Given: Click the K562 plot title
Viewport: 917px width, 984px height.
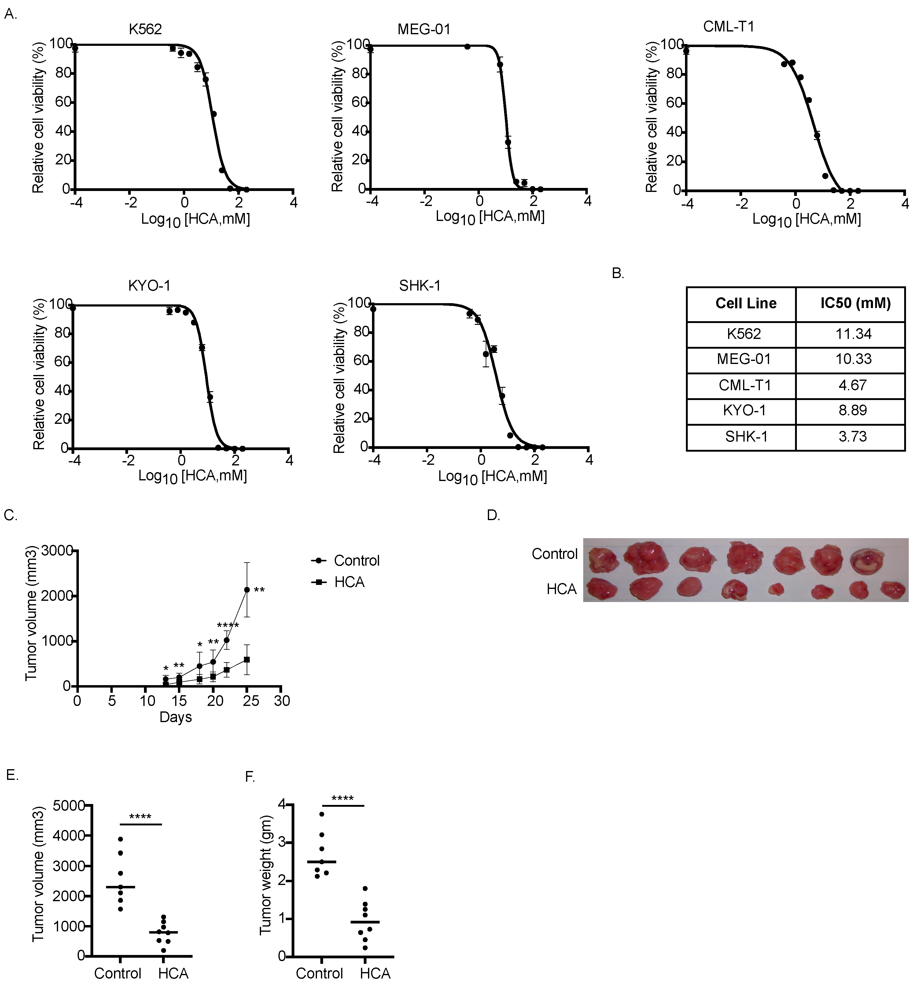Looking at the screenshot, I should [145, 30].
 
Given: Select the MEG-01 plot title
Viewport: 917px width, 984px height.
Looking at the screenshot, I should [424, 30].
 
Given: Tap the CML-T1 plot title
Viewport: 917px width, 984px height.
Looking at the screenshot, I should [728, 26].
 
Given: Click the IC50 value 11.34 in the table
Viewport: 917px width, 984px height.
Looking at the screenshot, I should [853, 334].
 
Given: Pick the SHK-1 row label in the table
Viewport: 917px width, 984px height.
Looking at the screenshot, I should [746, 437].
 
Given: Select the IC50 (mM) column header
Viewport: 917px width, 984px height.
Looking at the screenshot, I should [855, 303].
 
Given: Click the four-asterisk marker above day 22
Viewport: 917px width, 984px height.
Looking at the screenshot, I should [228, 626].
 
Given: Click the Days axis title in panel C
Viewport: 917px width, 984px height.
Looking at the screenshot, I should [175, 717].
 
